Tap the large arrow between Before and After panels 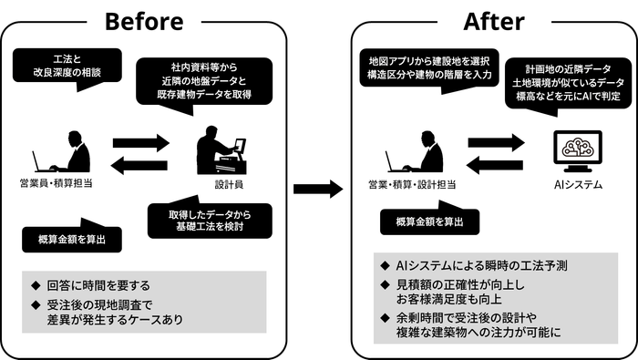pyautogui.click(x=317, y=189)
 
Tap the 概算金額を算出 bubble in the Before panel pyautogui.click(x=71, y=238)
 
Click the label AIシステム pyautogui.click(x=577, y=185)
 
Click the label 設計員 pyautogui.click(x=222, y=184)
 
